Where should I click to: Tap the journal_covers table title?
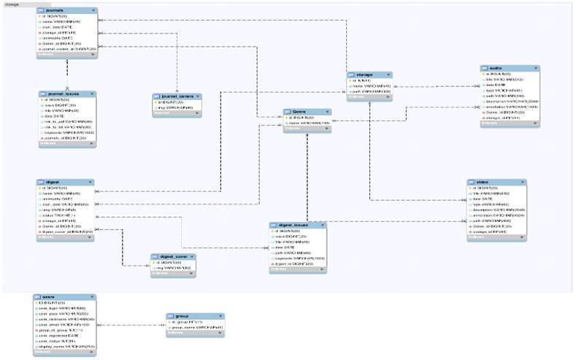174,96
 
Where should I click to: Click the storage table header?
362,74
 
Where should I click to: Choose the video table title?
483,183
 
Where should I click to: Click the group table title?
182,316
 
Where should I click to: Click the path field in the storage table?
369,91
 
